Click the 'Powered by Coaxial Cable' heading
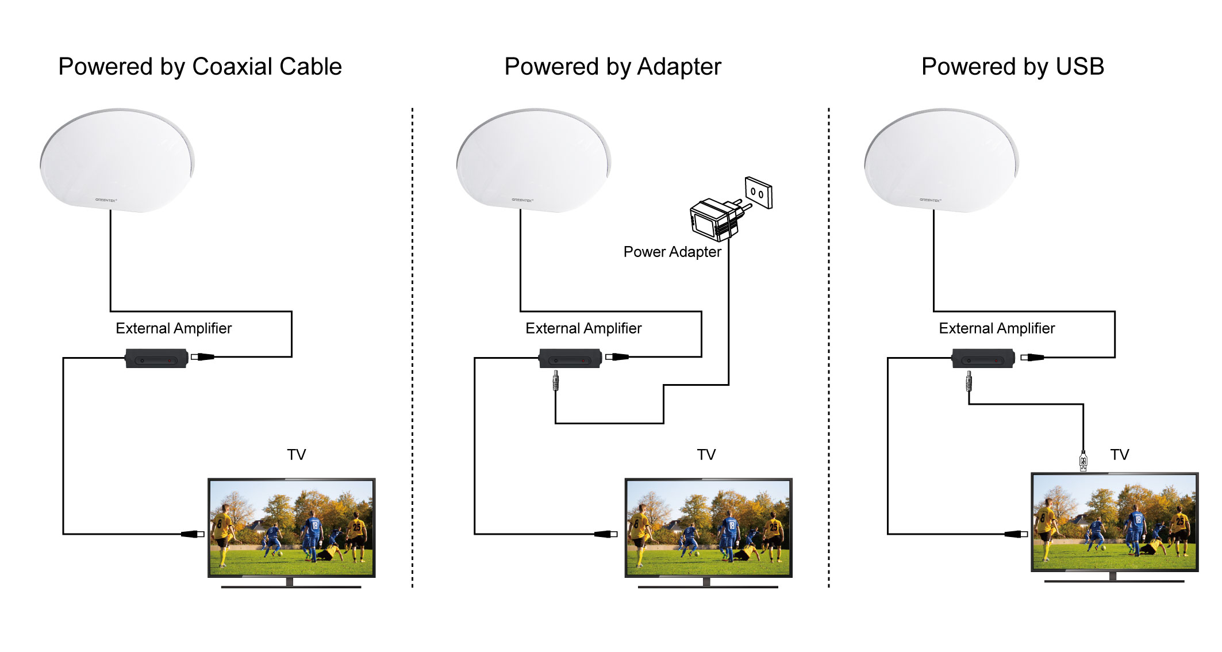pyautogui.click(x=200, y=67)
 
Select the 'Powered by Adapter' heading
pyautogui.click(x=613, y=67)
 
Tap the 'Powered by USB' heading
pyautogui.click(x=1013, y=67)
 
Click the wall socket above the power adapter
pyautogui.click(x=758, y=193)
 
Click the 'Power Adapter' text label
pyautogui.click(x=672, y=252)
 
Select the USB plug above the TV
pyautogui.click(x=1083, y=461)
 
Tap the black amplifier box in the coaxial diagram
pyautogui.click(x=156, y=358)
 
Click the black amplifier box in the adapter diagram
pyautogui.click(x=570, y=358)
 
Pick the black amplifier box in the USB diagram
pyautogui.click(x=983, y=358)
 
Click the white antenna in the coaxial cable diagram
pyautogui.click(x=118, y=160)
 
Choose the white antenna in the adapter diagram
pyautogui.click(x=534, y=160)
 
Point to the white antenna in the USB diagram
pyautogui.click(x=942, y=160)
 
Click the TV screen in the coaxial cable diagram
pyautogui.click(x=291, y=528)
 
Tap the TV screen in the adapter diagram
pyautogui.click(x=708, y=528)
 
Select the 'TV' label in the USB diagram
pyautogui.click(x=1120, y=455)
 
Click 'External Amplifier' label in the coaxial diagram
pyautogui.click(x=174, y=328)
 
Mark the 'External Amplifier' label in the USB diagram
pyautogui.click(x=997, y=328)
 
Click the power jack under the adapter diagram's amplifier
pyautogui.click(x=555, y=381)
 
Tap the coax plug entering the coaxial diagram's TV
pyautogui.click(x=193, y=534)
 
